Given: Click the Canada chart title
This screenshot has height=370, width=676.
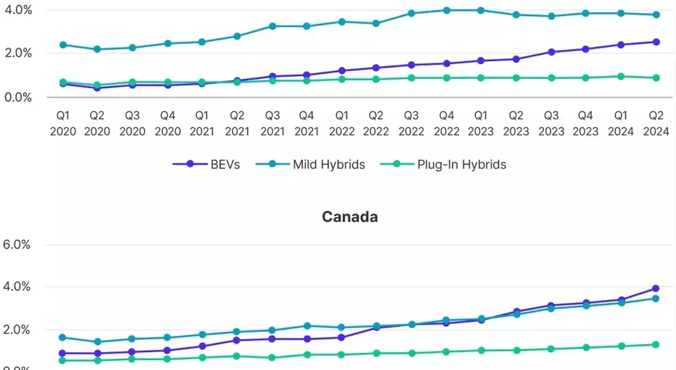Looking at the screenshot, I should [350, 217].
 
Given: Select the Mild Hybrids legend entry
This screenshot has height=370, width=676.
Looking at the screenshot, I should [328, 164].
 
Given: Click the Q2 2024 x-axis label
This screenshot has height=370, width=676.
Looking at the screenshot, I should [656, 123].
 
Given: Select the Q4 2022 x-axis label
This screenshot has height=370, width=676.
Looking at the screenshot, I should [446, 123].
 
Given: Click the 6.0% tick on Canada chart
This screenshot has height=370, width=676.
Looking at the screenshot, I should [17, 244].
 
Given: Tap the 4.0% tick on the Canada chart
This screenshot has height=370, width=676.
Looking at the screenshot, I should [17, 287].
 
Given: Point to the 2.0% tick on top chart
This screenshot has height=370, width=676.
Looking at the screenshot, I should [17, 53].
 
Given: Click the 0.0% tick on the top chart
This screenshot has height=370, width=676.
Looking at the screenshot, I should [17, 97].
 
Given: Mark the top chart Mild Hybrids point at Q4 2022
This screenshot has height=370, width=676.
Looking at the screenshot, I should [446, 10].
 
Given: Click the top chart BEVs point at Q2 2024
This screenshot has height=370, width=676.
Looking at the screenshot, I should [656, 42].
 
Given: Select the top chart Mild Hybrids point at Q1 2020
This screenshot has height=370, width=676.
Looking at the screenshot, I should [62, 45].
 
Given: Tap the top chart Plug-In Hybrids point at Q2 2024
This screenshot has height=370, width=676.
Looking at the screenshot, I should [656, 78].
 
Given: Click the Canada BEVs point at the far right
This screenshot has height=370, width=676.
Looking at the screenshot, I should [656, 289].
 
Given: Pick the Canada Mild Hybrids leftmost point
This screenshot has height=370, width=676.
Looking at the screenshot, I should [62, 337].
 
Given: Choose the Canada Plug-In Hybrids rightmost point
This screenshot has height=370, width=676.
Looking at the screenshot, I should [656, 345].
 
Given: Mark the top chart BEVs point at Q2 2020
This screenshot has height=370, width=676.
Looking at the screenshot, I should [97, 88].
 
